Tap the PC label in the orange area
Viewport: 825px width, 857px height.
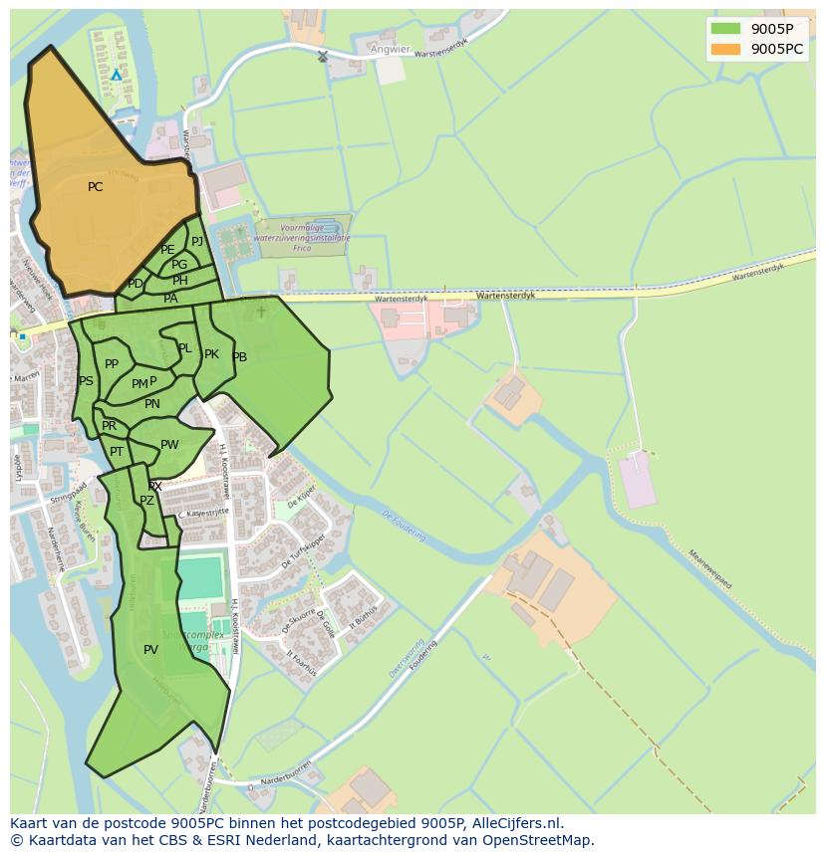pyautogui.click(x=95, y=187)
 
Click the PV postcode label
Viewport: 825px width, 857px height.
pyautogui.click(x=150, y=650)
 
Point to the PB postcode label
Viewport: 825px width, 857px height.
pyautogui.click(x=239, y=357)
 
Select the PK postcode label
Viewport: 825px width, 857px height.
pyautogui.click(x=211, y=354)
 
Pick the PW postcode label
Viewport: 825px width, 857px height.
pyautogui.click(x=169, y=445)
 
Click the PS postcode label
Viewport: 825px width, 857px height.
pyautogui.click(x=86, y=381)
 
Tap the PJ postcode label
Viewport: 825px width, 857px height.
pyautogui.click(x=197, y=241)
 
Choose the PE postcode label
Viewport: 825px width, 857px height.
pyautogui.click(x=167, y=250)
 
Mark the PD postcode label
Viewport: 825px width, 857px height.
pyautogui.click(x=136, y=284)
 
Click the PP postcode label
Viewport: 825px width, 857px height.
pyautogui.click(x=112, y=364)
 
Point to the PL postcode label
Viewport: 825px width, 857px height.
pyautogui.click(x=184, y=348)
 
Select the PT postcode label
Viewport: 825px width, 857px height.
pyautogui.click(x=117, y=452)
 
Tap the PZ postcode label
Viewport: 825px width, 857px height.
pyautogui.click(x=146, y=501)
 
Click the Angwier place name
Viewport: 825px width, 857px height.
pyautogui.click(x=389, y=49)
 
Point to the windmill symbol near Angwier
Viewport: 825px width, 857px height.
pyautogui.click(x=322, y=56)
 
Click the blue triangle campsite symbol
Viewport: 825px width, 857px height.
pyautogui.click(x=117, y=75)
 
